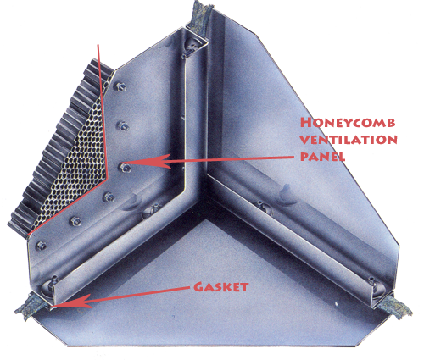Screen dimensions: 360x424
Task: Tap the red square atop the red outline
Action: click(101, 50)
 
